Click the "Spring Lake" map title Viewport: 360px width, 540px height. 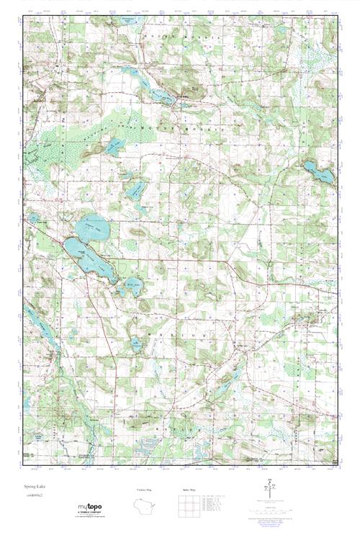coord(32,487)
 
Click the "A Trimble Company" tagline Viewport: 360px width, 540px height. coord(91,514)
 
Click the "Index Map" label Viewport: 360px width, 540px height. coord(189,490)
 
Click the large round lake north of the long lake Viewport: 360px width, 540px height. coord(95,228)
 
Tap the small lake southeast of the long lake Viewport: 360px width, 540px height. coord(130,287)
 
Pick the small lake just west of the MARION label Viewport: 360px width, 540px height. coord(135,343)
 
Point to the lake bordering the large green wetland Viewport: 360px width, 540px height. coord(113,147)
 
